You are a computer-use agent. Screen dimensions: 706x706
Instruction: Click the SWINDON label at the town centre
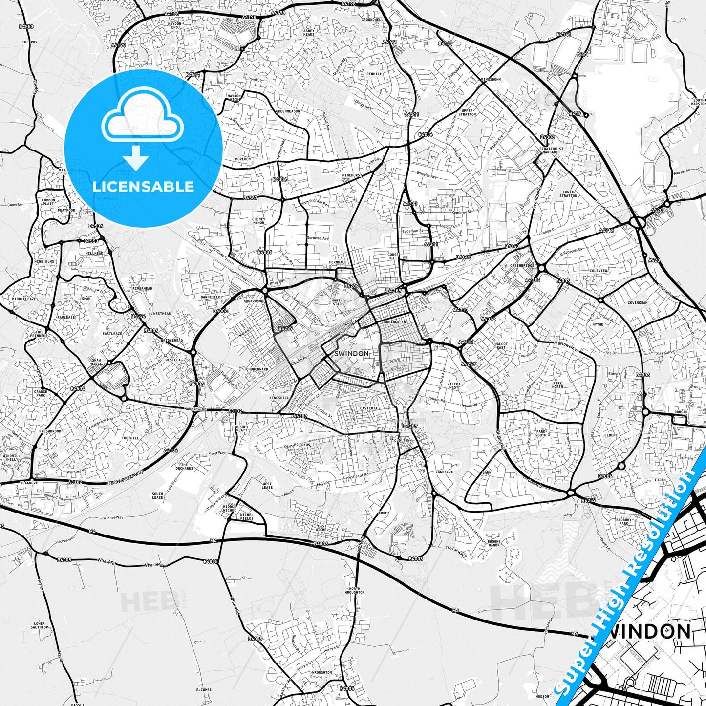coord(351,353)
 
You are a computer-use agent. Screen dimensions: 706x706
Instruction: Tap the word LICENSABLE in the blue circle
coord(143,187)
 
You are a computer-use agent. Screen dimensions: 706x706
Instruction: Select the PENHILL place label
coord(374,74)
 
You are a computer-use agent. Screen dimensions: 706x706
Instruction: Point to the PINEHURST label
coord(352,175)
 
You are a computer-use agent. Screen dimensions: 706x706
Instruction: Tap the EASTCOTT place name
coord(368,408)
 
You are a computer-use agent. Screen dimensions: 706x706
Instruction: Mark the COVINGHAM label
coord(638,303)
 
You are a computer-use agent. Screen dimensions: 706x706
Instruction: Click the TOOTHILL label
coord(130,438)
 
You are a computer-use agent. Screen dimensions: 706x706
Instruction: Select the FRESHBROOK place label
coord(50,431)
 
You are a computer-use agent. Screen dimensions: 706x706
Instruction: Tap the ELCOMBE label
coord(203,690)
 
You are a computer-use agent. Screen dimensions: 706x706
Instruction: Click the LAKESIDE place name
coord(444,472)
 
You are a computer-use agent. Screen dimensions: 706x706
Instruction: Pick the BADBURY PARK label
coord(623,522)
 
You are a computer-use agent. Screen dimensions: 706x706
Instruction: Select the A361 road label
coord(582,55)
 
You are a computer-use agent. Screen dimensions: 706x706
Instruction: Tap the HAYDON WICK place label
coord(235,98)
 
